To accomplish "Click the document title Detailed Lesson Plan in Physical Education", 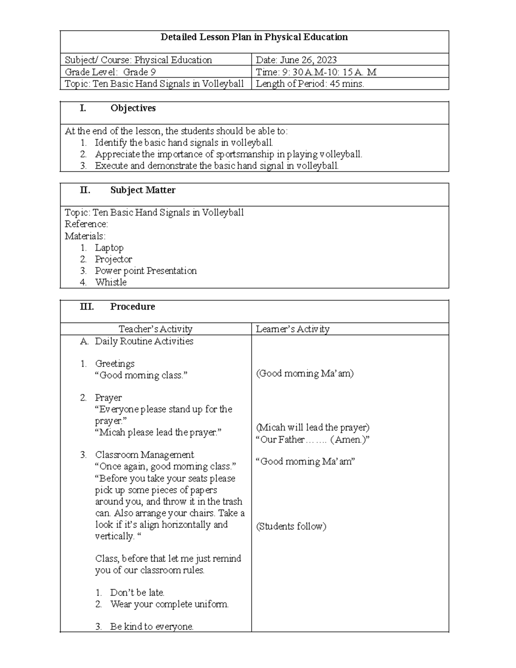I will click(x=254, y=37).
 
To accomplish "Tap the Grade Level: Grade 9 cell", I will click(x=110, y=72).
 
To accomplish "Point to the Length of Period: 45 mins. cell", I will click(x=310, y=84).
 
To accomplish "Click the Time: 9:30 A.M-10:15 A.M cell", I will click(x=316, y=72).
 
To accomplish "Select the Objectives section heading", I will click(x=133, y=108).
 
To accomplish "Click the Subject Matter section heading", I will click(x=142, y=190).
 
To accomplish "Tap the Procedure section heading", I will click(x=132, y=307).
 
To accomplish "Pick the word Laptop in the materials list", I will click(x=109, y=248).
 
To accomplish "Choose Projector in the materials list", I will click(x=114, y=259).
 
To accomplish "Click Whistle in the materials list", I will click(x=111, y=283).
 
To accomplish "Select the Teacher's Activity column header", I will click(x=155, y=329).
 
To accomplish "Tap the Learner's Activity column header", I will click(x=292, y=329).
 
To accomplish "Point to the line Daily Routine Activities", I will click(x=144, y=342).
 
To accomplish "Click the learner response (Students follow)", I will click(x=291, y=526).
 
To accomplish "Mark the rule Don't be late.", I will click(x=137, y=593).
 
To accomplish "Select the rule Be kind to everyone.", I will click(x=152, y=627).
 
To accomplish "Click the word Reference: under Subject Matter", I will click(x=86, y=224).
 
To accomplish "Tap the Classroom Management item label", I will click(x=144, y=455).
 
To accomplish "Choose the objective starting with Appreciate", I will click(x=228, y=154).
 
